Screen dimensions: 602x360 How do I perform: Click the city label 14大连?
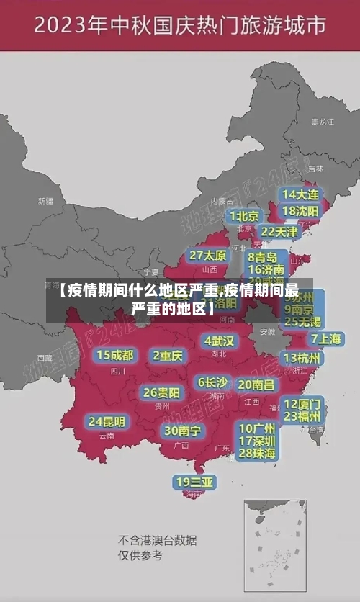pos(301,194)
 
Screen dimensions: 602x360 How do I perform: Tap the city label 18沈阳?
pos(301,211)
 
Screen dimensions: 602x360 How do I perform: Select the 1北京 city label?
pos(244,215)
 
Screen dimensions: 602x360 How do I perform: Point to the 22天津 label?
pos(279,232)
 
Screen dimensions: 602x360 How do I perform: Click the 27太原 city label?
pos(208,256)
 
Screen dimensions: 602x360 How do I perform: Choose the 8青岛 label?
pos(264,256)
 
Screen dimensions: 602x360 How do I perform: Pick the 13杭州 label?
pos(302,358)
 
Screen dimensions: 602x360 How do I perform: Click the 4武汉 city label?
pos(219,340)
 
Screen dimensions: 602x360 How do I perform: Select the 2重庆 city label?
pos(168,355)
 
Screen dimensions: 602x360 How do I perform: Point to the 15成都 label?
pos(115,355)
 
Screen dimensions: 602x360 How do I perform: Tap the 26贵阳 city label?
pos(161,393)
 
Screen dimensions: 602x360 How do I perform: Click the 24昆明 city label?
pos(107,421)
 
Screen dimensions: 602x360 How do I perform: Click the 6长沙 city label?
pos(212,382)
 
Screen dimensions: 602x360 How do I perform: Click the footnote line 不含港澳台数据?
pos(157,540)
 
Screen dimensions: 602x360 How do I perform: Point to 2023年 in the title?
pos(69,26)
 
